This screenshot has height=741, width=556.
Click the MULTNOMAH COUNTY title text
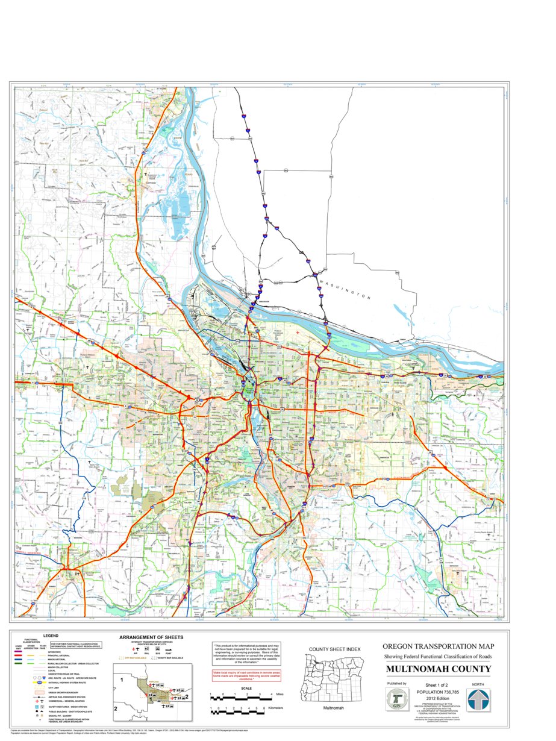[x=439, y=669]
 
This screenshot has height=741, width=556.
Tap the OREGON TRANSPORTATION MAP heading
[x=439, y=646]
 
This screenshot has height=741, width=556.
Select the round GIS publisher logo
[x=396, y=699]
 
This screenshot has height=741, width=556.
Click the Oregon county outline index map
[x=333, y=678]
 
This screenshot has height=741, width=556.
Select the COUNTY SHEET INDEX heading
[x=334, y=649]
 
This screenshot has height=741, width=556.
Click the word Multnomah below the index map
[x=333, y=708]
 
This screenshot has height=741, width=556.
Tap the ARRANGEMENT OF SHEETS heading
[x=151, y=637]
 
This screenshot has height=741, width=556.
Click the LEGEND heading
[x=51, y=636]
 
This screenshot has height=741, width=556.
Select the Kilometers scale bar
[x=237, y=711]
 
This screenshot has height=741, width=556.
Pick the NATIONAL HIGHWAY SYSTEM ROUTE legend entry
[x=67, y=683]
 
